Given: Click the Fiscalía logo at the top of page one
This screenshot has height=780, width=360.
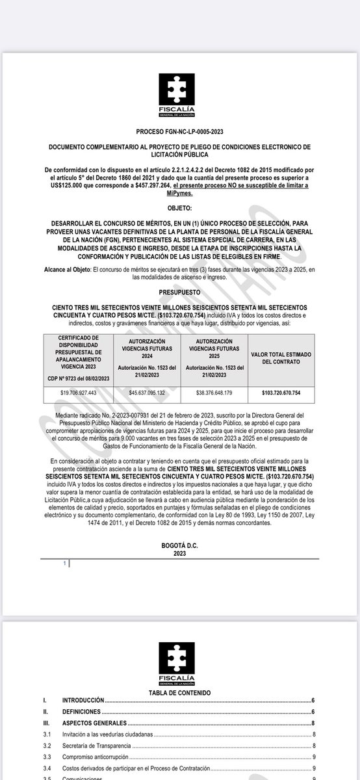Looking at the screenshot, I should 179,95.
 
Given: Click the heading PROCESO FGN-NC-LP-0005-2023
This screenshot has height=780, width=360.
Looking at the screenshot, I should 179,131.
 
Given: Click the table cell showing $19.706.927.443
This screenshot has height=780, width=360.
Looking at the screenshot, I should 78,393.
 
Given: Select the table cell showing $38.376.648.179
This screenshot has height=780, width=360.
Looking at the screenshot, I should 214,393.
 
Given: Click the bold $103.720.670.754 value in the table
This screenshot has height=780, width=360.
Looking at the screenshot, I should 281,393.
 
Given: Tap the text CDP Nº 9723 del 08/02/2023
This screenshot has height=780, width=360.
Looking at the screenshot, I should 78,376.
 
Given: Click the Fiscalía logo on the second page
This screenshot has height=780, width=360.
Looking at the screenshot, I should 179,660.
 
